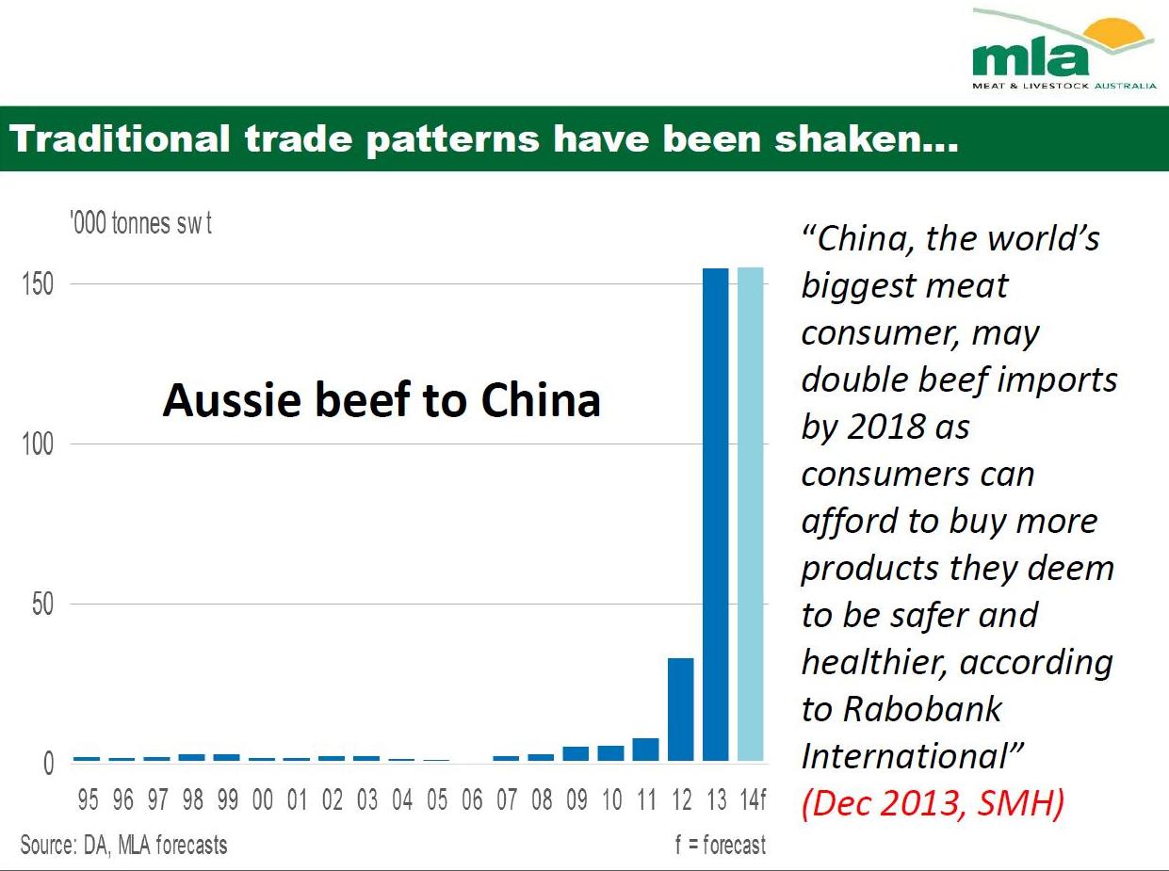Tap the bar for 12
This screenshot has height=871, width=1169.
pyautogui.click(x=681, y=709)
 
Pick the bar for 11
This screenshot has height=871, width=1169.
pyautogui.click(x=646, y=750)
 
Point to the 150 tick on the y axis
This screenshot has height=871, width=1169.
pyautogui.click(x=39, y=284)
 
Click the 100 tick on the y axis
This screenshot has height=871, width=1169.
pyautogui.click(x=39, y=444)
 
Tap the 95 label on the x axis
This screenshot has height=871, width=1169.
pyautogui.click(x=88, y=801)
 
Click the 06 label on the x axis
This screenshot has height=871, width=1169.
pyautogui.click(x=472, y=801)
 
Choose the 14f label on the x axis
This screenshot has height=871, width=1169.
pyautogui.click(x=752, y=801)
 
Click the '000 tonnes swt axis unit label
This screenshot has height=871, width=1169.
pyautogui.click(x=140, y=225)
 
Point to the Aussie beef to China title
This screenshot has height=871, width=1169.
pyautogui.click(x=382, y=400)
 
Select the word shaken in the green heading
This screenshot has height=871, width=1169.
pyautogui.click(x=867, y=139)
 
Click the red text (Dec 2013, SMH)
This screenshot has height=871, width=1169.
pyautogui.click(x=933, y=804)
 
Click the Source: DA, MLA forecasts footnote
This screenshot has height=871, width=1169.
pyautogui.click(x=123, y=845)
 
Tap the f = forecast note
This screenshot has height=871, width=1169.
pyautogui.click(x=720, y=845)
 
